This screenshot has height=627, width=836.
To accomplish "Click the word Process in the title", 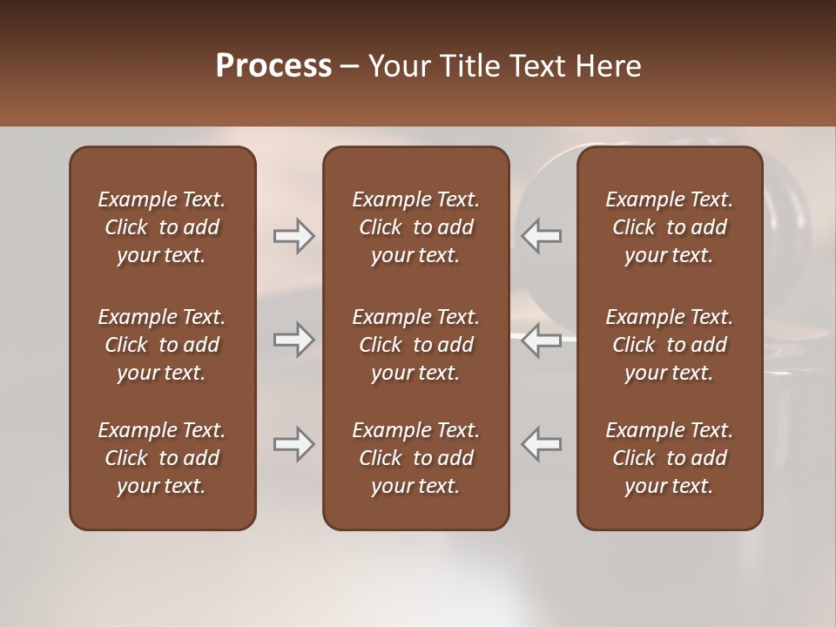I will (273, 66).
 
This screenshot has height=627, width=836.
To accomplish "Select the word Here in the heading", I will (608, 66).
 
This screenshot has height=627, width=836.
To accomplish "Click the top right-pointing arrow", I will (294, 236).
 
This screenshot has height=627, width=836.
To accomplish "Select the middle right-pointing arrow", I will (294, 340).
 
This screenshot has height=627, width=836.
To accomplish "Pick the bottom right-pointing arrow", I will (294, 444).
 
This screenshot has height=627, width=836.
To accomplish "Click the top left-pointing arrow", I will (542, 236).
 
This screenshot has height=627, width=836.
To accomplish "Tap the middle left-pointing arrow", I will (542, 340).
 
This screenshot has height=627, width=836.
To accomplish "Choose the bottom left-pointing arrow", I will (542, 444).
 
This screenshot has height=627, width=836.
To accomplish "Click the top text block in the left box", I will (162, 227).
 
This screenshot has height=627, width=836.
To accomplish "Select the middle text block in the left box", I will (162, 345).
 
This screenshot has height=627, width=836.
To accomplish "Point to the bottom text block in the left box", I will (162, 458).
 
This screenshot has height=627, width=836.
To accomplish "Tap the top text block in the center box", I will (415, 227).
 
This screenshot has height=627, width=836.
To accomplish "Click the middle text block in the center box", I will (415, 345).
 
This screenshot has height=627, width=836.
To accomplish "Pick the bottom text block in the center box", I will (415, 458).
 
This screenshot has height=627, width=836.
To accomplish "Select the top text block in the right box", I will (669, 227).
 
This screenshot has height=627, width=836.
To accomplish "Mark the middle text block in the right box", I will (669, 345).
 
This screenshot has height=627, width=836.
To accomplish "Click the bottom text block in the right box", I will (669, 458).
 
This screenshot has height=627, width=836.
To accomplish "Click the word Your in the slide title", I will (397, 66).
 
